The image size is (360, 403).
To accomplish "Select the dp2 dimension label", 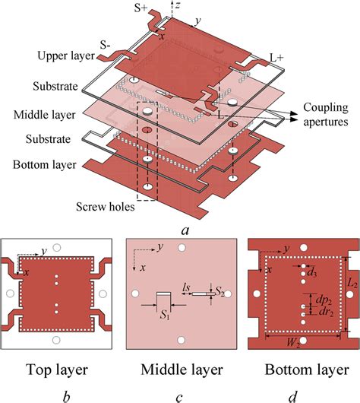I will tap(321, 298).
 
